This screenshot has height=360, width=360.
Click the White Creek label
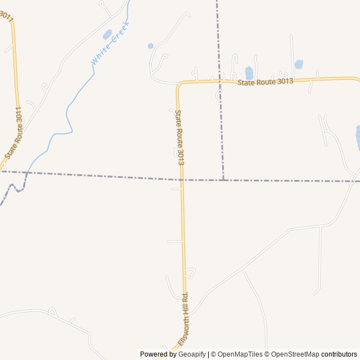(110, 43)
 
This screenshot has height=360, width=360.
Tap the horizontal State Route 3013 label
(265, 82)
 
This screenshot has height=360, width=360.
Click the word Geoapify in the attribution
(192, 354)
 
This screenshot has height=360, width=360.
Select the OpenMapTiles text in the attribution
(240, 354)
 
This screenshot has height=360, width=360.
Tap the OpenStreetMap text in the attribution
(295, 354)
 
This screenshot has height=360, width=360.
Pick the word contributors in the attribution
(339, 354)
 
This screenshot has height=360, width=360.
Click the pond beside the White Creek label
(107, 34)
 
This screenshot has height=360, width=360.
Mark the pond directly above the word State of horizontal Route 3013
(249, 73)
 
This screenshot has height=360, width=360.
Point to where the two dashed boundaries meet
(223, 181)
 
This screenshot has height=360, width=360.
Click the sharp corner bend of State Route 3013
(178, 85)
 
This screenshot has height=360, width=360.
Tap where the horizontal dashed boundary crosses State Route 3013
(181, 179)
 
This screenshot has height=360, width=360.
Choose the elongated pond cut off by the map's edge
(358, 138)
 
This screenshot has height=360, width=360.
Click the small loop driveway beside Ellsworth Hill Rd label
(190, 273)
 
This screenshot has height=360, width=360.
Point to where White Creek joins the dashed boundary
(26, 173)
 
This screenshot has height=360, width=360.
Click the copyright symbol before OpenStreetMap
(267, 354)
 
